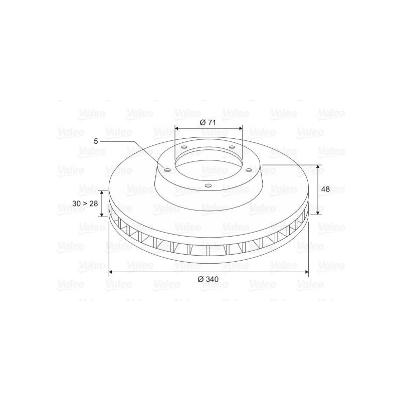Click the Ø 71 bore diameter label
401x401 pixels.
coord(208,122)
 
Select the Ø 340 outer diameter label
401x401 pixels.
coord(208,279)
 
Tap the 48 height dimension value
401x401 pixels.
coord(325,189)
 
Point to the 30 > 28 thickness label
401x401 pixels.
coord(85,204)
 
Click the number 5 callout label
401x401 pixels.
coord(96,141)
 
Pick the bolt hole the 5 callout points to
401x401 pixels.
coord(167,170)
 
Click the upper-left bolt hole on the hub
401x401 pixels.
coord(184,147)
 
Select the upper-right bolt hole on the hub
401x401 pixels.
coord(232,147)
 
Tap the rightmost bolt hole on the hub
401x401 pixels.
coord(249,170)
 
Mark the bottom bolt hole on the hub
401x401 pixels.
coord(209,185)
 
